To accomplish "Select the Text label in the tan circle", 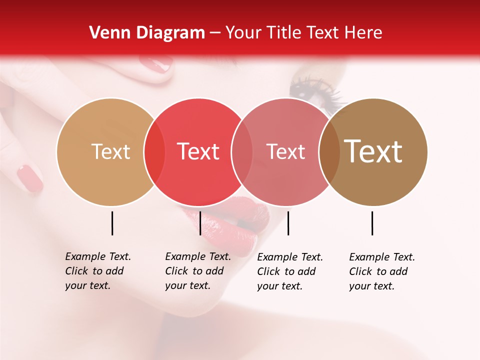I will coord(110,151).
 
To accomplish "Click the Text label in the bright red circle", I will coord(198,151).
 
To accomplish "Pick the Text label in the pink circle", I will coord(285,151).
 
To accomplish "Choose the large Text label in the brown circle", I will coord(373,151).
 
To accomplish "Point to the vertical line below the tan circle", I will coord(112,223).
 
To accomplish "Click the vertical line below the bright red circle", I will coord(200,223).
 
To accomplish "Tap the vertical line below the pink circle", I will coord(288,223).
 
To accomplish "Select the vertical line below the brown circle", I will coord(372,223).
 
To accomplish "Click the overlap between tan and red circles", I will coord(154,152).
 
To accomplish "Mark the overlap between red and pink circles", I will coord(242,152).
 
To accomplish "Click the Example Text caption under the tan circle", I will coord(97,271).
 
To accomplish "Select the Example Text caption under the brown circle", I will coord(381,271).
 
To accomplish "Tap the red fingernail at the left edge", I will coord(30,178).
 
